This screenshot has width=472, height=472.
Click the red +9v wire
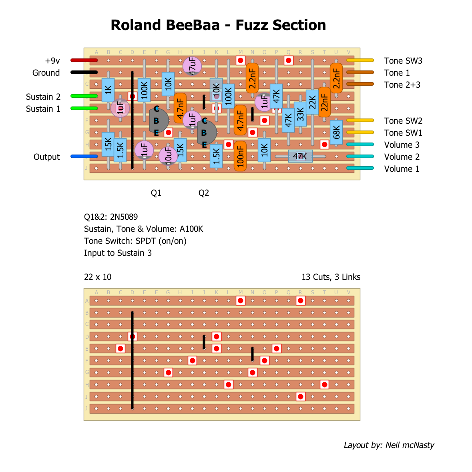84,60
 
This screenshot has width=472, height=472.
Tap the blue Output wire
84,157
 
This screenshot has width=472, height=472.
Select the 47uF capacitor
192,66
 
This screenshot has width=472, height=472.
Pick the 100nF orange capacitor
240,156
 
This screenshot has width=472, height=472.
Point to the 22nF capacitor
324,102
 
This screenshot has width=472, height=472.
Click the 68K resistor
336,132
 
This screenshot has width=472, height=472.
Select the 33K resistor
300,114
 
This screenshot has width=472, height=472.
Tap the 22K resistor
312,102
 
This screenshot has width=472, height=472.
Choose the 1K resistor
108,90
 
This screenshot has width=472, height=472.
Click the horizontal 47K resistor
300,156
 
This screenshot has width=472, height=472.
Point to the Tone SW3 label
403,61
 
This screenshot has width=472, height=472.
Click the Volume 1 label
402,169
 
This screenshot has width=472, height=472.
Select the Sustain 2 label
43,97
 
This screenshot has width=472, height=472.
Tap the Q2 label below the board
204,193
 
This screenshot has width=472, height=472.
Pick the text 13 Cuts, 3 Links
331,277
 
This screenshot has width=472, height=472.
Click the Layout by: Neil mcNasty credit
389,445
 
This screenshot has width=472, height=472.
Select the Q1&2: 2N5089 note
111,217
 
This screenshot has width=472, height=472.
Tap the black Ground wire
84,72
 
